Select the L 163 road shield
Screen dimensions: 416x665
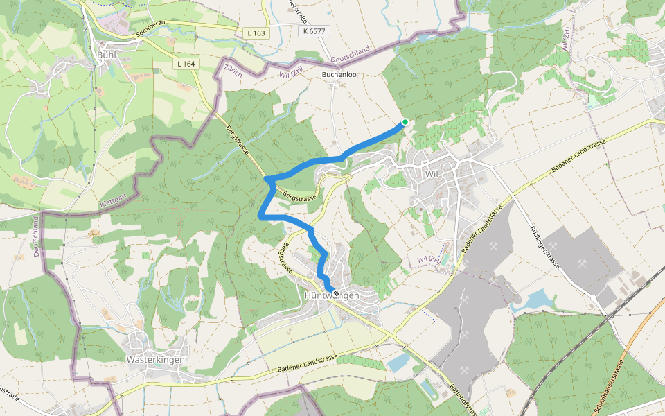[256, 33]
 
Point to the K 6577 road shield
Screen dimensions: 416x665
[313, 31]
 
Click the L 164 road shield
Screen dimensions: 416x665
[186, 64]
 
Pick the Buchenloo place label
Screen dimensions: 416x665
[339, 74]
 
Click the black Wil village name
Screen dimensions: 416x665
[433, 173]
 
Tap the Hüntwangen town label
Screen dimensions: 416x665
[332, 296]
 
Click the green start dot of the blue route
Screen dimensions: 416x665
[405, 122]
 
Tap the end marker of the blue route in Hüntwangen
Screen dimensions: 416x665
[336, 294]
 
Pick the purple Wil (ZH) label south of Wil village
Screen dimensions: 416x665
[429, 259]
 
